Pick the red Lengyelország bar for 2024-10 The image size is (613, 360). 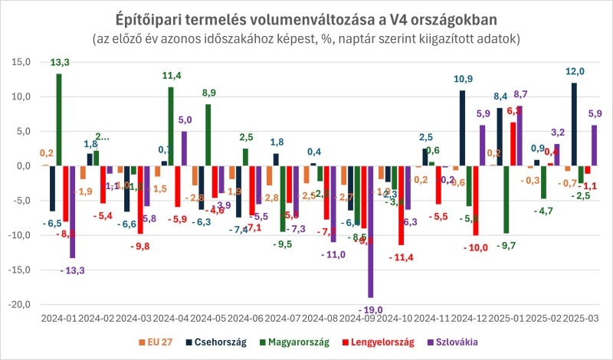coord(401,205)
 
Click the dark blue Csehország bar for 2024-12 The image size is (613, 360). coord(463,128)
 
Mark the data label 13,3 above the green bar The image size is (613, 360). coord(59,62)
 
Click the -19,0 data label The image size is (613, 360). coord(371,309)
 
